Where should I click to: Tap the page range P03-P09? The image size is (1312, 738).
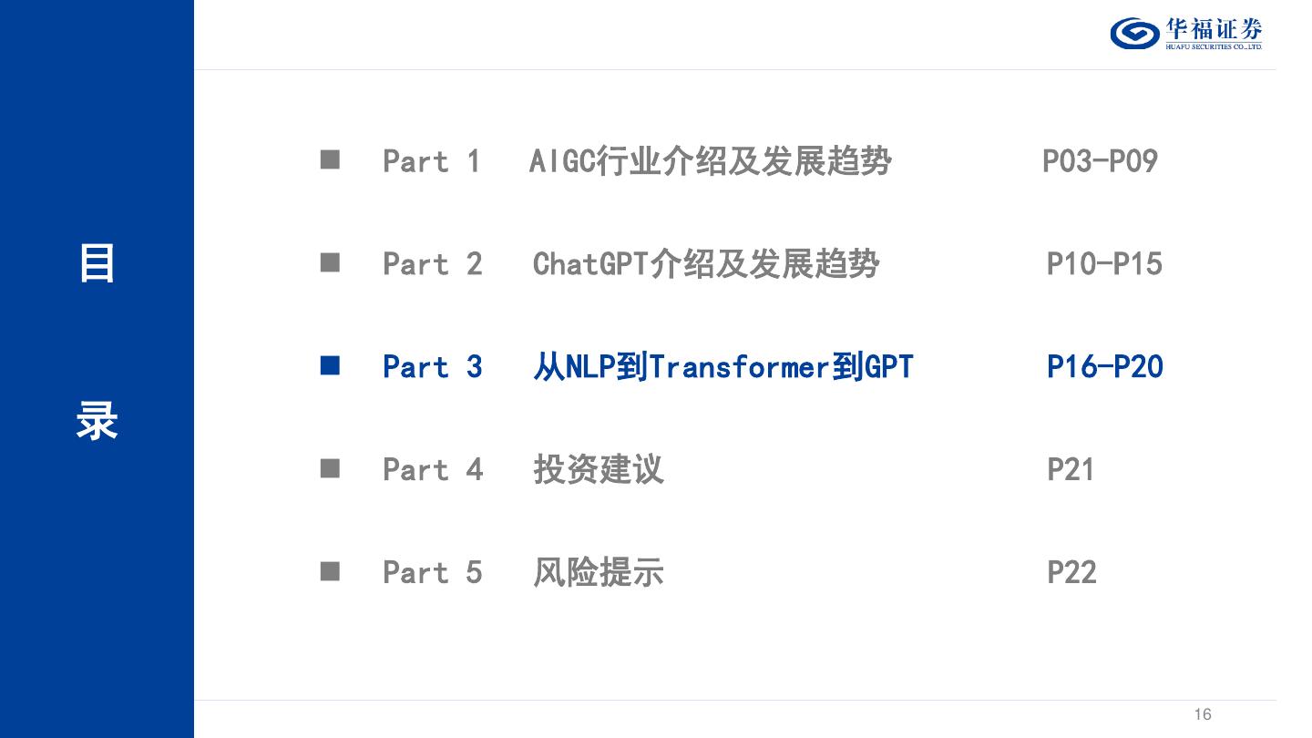(x=1100, y=161)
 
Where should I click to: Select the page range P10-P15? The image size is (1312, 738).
(x=1104, y=264)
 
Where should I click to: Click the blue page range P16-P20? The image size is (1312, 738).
(x=1105, y=367)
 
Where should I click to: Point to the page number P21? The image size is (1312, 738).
(x=1071, y=470)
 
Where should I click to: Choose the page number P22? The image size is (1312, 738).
(x=1071, y=573)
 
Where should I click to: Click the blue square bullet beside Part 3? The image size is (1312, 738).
(x=330, y=366)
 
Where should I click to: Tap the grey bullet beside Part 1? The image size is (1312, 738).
(x=330, y=160)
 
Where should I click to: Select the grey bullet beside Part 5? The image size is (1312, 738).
(x=330, y=572)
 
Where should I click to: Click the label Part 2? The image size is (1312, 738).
(x=432, y=264)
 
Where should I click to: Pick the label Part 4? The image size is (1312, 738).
(x=432, y=470)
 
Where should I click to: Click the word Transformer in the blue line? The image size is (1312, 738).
(x=739, y=367)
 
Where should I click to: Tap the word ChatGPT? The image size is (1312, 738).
(x=589, y=264)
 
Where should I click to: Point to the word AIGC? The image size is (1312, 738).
(x=561, y=161)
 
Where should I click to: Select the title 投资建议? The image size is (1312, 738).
(x=599, y=470)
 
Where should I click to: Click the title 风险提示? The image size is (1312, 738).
(x=599, y=573)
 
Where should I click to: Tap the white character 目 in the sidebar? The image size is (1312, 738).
(x=97, y=264)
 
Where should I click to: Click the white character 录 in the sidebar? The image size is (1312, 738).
(x=97, y=422)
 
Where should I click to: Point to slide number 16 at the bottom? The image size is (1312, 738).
(x=1203, y=714)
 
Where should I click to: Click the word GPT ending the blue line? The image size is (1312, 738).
(x=888, y=367)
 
